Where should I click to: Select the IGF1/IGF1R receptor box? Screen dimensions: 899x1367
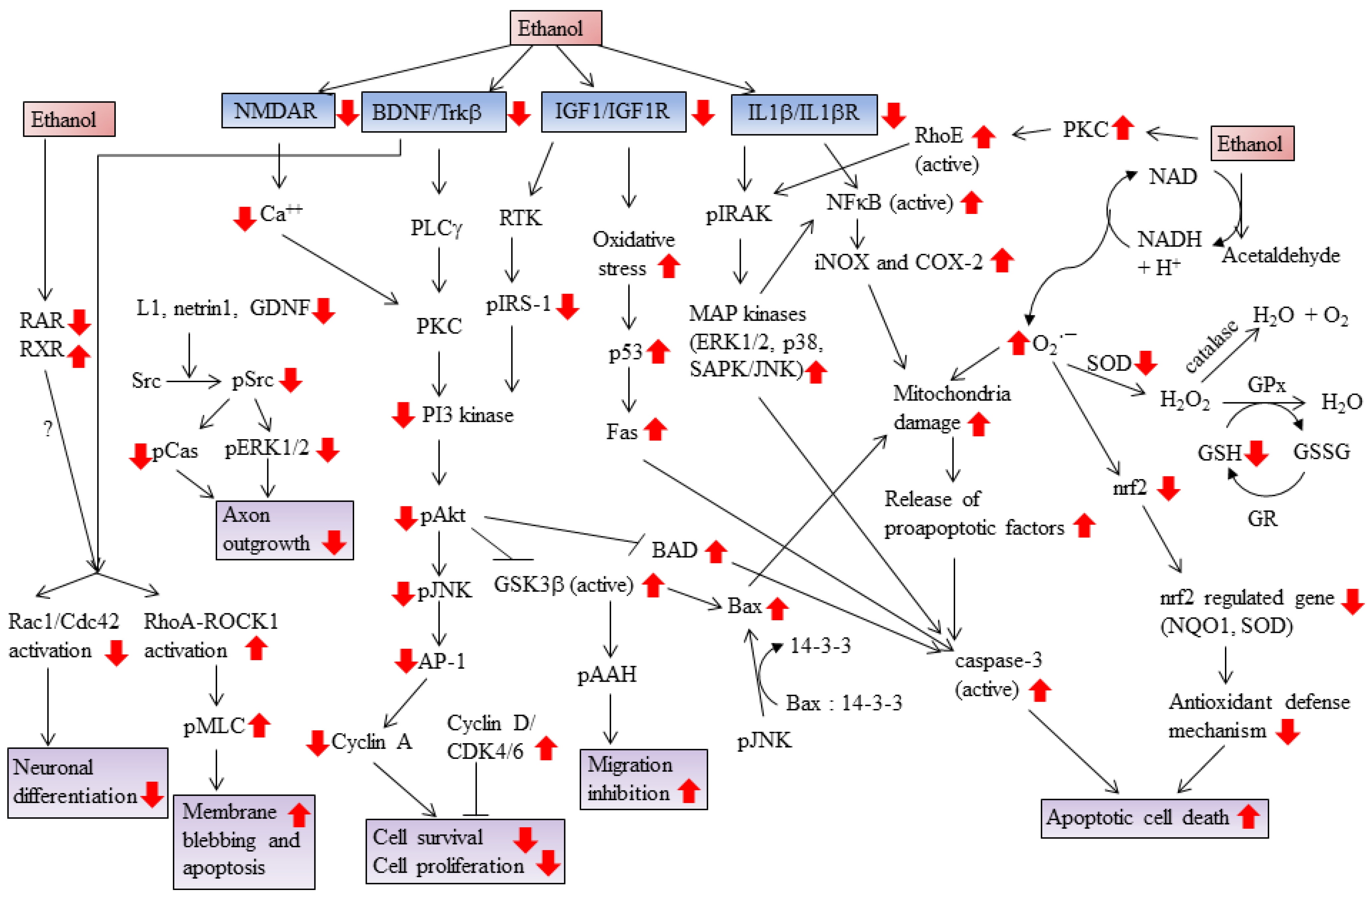(613, 112)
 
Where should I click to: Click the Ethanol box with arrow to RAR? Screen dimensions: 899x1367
(69, 119)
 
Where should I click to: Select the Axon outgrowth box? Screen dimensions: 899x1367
(284, 529)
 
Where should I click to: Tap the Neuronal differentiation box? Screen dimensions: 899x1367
(87, 782)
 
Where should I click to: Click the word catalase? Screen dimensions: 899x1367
(1211, 347)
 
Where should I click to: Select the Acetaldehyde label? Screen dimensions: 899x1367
(1281, 254)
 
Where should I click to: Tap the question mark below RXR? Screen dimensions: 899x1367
(48, 428)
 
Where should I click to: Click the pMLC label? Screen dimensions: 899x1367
(214, 726)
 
